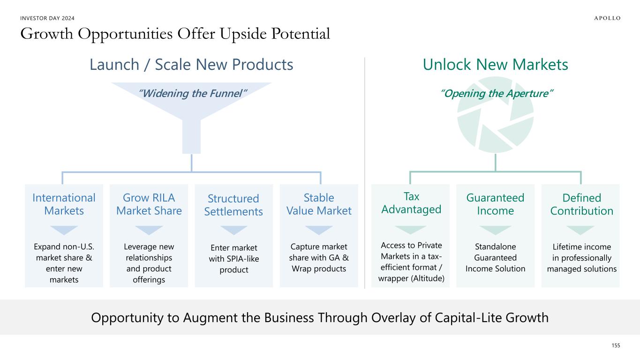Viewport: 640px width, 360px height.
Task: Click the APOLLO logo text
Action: point(607,18)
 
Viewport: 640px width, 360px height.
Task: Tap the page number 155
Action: point(616,345)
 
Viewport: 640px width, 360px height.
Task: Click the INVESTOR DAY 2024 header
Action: point(47,18)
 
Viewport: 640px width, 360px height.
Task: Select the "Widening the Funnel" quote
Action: point(192,93)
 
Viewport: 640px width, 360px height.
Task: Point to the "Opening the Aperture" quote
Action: point(497,93)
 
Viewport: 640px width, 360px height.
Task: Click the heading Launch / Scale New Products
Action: point(191,65)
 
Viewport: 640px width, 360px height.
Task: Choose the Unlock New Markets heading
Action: point(496,65)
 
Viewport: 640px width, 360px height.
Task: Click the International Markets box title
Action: point(64,204)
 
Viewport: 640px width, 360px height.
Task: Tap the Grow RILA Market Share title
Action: point(149,204)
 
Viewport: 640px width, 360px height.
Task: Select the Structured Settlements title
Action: point(233,205)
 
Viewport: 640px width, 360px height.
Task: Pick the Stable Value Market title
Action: point(319,204)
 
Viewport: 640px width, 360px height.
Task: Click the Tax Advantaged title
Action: point(411,203)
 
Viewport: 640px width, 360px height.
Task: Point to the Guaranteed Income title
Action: point(496,204)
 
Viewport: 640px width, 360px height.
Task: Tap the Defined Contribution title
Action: point(582,204)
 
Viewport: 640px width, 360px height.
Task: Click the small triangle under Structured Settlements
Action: point(233,230)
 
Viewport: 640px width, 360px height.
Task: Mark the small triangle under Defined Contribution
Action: point(580,230)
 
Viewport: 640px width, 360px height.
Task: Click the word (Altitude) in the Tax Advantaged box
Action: point(428,278)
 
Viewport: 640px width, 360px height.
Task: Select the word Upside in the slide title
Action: point(243,34)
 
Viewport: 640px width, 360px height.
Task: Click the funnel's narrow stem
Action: point(191,136)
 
